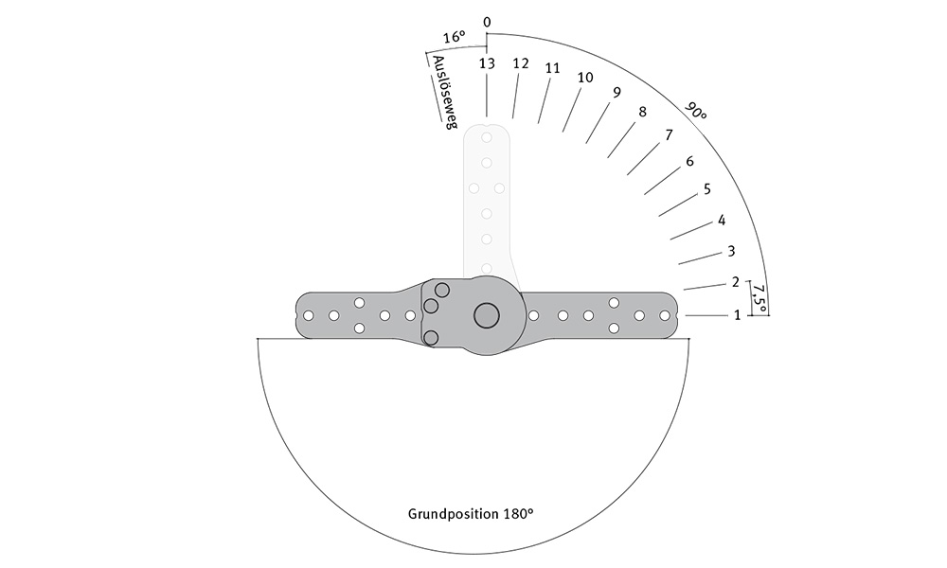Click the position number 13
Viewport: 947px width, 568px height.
pyautogui.click(x=487, y=63)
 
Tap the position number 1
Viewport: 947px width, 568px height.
pyautogui.click(x=737, y=315)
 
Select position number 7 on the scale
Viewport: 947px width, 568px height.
pyautogui.click(x=669, y=135)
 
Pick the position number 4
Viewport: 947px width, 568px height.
pyautogui.click(x=721, y=221)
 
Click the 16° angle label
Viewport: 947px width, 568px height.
pyautogui.click(x=455, y=38)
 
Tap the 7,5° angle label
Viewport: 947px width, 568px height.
pyautogui.click(x=759, y=297)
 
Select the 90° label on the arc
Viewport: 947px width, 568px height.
pyautogui.click(x=696, y=112)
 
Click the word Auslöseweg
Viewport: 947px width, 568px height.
pyautogui.click(x=443, y=93)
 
